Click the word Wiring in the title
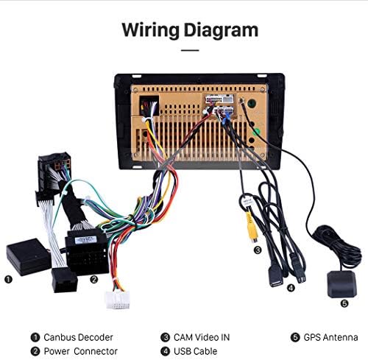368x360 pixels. point(150,30)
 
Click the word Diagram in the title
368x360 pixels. point(221,30)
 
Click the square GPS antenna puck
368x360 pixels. point(342,284)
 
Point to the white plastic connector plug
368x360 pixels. point(118,300)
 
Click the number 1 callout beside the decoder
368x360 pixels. point(8,280)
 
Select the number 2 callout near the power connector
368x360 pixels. point(93,280)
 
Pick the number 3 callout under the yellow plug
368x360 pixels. point(258,250)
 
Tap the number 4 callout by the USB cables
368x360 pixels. point(291,288)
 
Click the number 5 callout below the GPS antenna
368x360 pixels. point(344,303)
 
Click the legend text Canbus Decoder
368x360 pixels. point(78,337)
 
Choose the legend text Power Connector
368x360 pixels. point(81,351)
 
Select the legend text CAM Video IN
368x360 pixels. point(202,337)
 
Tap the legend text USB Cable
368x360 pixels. point(195,351)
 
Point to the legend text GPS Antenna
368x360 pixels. point(330,337)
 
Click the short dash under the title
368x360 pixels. point(190,50)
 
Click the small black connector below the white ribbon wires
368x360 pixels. point(65,280)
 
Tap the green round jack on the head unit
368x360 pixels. point(256,132)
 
